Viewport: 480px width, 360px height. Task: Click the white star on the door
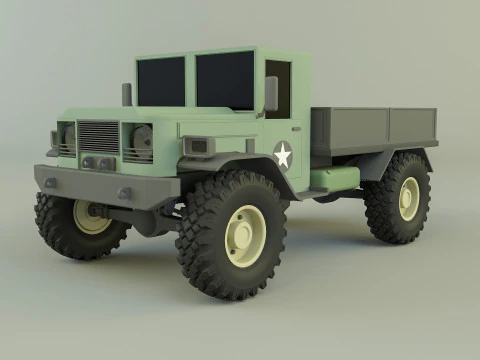pyautogui.click(x=282, y=154)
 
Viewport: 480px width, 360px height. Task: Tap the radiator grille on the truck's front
pyautogui.click(x=98, y=137)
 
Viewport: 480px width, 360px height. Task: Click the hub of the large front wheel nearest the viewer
pyautogui.click(x=244, y=235)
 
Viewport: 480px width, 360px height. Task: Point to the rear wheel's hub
pyautogui.click(x=408, y=197)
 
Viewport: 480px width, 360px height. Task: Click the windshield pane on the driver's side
pyautogui.click(x=225, y=80)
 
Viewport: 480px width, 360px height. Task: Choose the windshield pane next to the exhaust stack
pyautogui.click(x=161, y=81)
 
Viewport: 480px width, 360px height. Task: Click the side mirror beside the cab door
pyautogui.click(x=271, y=94)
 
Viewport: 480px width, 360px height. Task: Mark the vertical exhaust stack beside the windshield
pyautogui.click(x=127, y=94)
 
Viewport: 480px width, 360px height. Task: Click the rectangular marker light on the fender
pyautogui.click(x=198, y=146)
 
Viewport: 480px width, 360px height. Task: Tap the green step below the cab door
pyautogui.click(x=335, y=181)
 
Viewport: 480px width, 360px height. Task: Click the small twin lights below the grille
pyautogui.click(x=97, y=162)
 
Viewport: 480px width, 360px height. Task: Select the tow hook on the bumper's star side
pyautogui.click(x=125, y=193)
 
